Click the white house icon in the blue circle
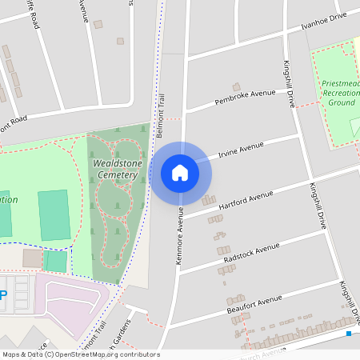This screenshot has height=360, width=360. click(x=179, y=172)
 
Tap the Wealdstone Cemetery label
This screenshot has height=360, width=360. click(x=117, y=169)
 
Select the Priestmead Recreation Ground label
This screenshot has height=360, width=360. click(x=341, y=92)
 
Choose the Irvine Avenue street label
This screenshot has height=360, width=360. click(x=241, y=150)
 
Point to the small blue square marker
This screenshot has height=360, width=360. click(x=349, y=333)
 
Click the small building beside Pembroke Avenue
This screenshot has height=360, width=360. click(x=236, y=86)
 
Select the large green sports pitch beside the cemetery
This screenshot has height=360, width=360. click(x=54, y=214)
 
